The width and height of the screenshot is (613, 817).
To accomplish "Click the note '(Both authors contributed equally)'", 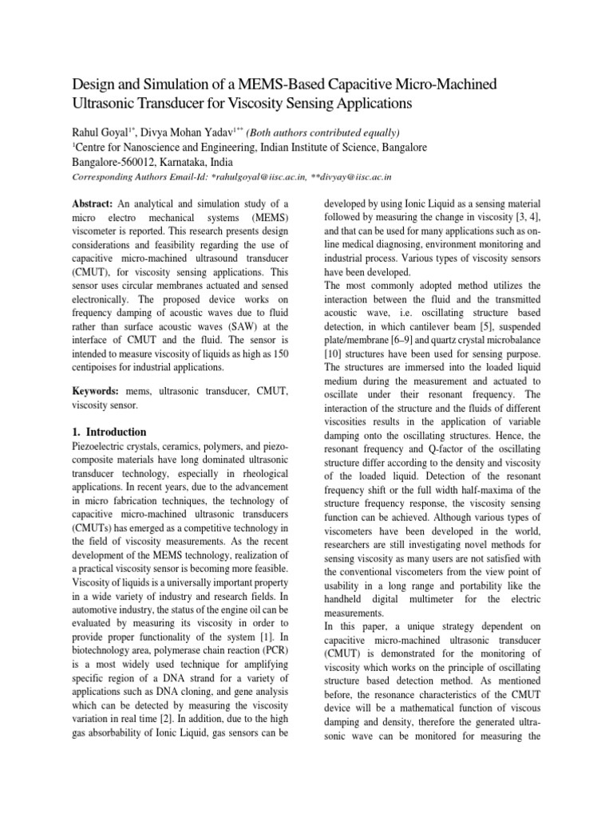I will click(322, 132).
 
